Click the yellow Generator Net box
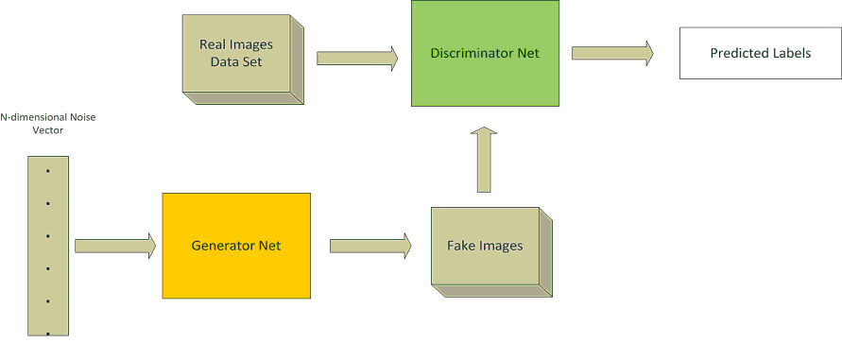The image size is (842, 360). coord(236,246)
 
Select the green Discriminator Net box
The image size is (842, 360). coord(484,53)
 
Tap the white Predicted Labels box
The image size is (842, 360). coord(760,53)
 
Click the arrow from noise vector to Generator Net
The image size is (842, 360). coord(114,246)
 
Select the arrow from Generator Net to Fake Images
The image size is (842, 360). coord(369,246)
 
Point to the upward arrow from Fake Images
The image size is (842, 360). coord(484,159)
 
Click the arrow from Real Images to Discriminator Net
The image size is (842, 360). coord(356,59)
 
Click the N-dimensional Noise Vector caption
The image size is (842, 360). coord(47,124)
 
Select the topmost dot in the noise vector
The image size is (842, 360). coord(47,170)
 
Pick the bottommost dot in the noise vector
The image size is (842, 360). coord(47,333)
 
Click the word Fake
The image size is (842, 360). coord(463,246)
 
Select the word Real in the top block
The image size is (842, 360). coord(214,44)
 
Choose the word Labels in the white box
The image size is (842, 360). coord(792,53)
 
